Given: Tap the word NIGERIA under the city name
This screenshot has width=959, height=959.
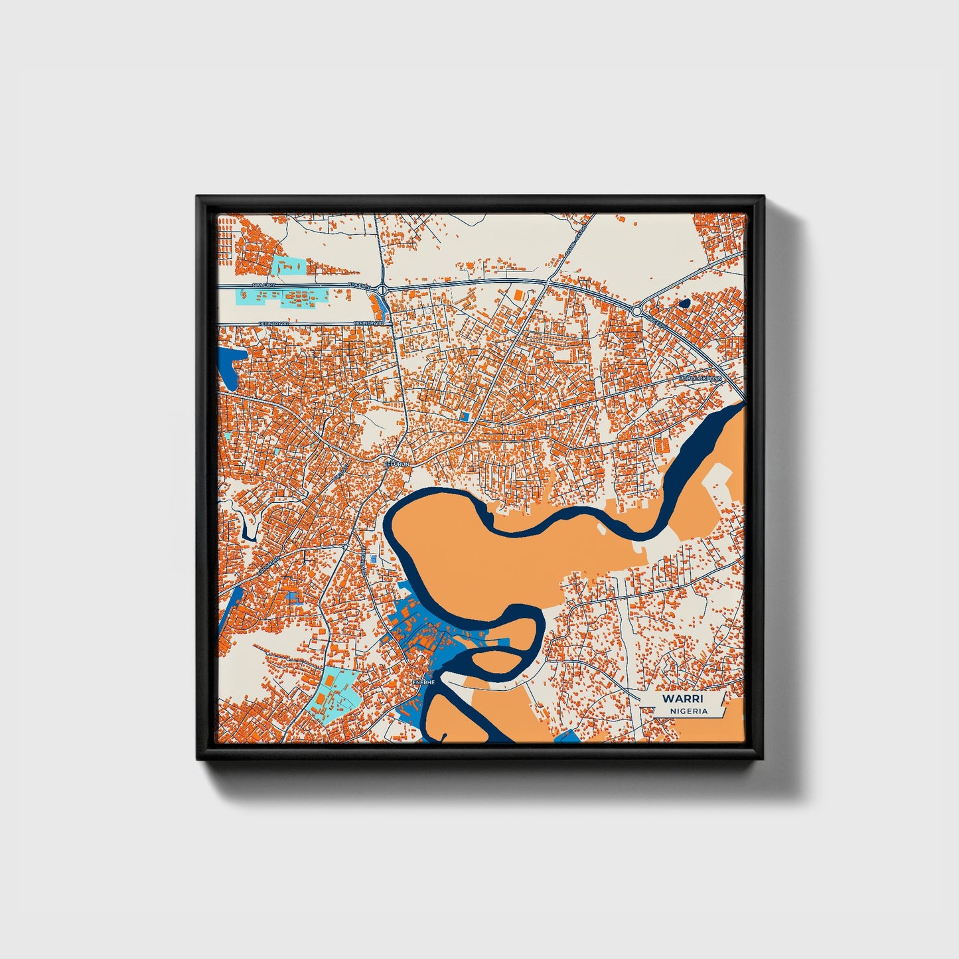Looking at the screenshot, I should point(689,711).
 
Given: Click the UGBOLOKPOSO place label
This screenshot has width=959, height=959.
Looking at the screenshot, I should point(700,378).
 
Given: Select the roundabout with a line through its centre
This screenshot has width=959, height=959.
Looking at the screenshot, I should point(383,290).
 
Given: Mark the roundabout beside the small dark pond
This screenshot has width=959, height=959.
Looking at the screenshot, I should point(636,311).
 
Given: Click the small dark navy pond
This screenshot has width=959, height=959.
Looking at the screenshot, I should point(684,303).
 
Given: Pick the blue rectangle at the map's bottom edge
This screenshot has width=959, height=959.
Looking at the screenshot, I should point(565,735).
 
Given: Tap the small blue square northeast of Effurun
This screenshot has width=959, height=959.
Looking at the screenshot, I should point(465,415).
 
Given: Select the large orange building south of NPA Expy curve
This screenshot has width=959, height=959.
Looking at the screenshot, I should point(517,294).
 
